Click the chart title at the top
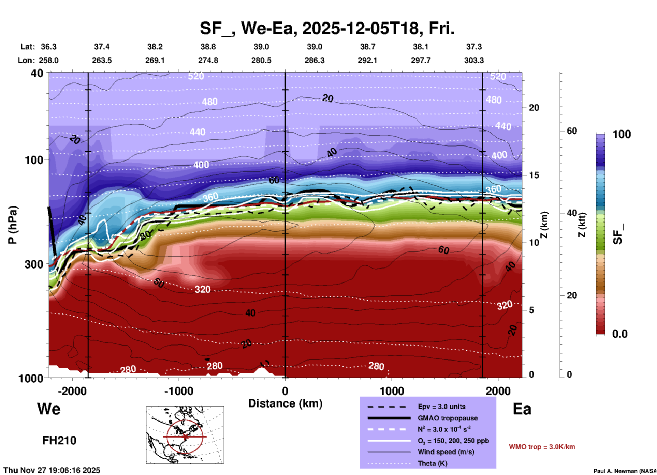pos(327,28)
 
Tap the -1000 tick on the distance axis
pos(179,391)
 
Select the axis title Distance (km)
pos(285,403)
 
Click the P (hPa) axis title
pos(13,225)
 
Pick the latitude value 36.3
pos(48,47)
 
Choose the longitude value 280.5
pos(261,60)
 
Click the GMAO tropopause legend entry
pos(448,418)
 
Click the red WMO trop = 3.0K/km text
pos(542,447)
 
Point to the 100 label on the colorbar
pos(622,134)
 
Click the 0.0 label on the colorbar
pos(620,334)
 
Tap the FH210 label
pos(59,441)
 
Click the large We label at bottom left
pos(49,409)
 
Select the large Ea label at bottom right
pos(522,409)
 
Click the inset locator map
pos(185,435)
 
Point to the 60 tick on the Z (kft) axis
pos(572,131)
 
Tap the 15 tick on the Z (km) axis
pos(534,175)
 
